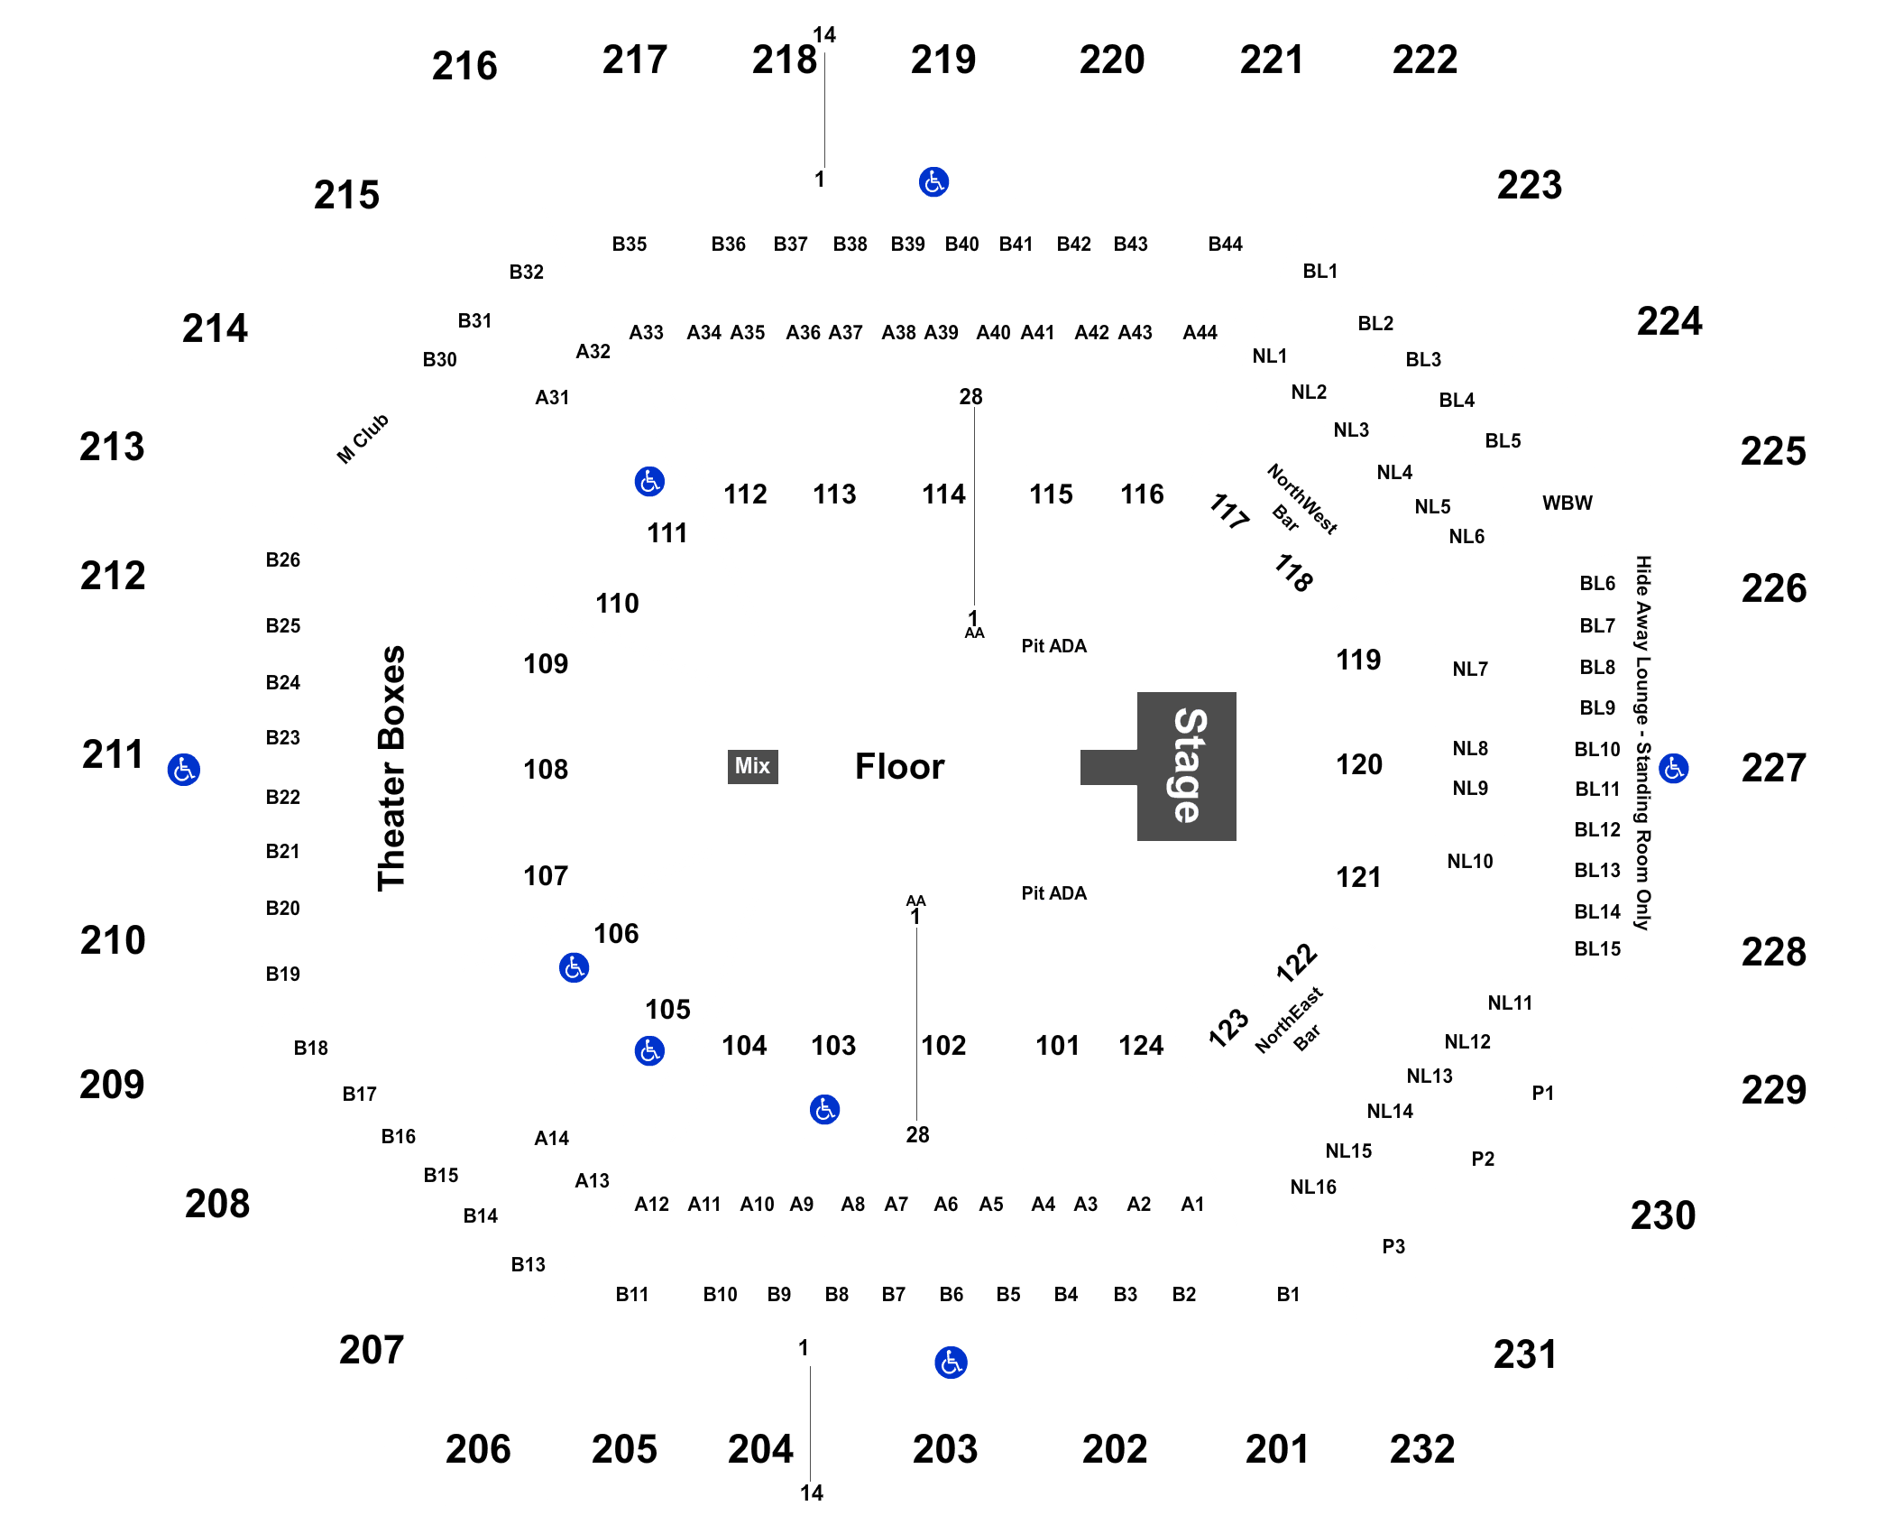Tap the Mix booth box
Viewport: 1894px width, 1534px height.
tap(752, 766)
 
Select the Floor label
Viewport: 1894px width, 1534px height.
tap(899, 766)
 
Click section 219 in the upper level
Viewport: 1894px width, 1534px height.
tap(943, 60)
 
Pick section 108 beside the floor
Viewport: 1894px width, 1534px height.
tap(546, 769)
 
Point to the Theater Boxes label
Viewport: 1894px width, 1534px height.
tap(391, 769)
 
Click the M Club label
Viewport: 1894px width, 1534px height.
tap(363, 439)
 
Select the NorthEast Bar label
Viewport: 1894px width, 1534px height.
tap(1291, 1021)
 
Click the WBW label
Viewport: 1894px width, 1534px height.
tap(1568, 503)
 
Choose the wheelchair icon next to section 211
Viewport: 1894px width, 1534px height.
tap(184, 770)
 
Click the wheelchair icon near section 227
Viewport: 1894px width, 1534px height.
tap(1674, 769)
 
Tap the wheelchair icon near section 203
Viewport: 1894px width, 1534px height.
tap(951, 1363)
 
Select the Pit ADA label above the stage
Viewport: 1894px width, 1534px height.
tap(1053, 646)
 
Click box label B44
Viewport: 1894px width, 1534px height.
tap(1225, 244)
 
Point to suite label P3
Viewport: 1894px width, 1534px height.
tap(1393, 1246)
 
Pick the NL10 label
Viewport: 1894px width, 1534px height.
tap(1470, 862)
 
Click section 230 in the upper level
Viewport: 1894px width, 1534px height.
tap(1663, 1215)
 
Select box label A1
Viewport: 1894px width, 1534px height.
tap(1192, 1204)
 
